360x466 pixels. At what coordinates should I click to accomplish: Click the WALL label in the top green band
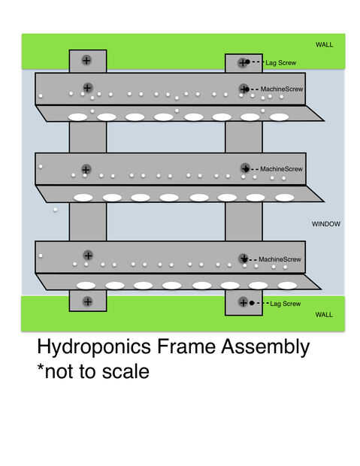tap(325, 44)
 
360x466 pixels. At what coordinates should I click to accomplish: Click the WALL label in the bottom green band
tap(324, 314)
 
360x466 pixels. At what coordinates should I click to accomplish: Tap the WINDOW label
tap(326, 224)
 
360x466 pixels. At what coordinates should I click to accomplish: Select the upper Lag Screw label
tap(281, 62)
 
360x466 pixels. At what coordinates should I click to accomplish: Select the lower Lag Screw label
tap(286, 304)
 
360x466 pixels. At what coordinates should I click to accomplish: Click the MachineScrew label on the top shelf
tap(282, 89)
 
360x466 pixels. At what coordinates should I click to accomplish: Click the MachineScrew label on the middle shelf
tap(282, 169)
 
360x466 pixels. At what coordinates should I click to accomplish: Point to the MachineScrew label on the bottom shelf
tap(280, 259)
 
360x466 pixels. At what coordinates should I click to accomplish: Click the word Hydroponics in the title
tap(94, 347)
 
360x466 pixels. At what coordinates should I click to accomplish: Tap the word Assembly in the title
tap(265, 347)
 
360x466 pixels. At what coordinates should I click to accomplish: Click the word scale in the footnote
tap(126, 371)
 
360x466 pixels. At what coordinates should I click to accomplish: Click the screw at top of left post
tap(86, 60)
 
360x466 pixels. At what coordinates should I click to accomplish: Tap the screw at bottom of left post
tap(87, 301)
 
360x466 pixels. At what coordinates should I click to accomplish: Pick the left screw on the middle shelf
tap(86, 169)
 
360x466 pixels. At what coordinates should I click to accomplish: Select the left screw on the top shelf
tap(87, 88)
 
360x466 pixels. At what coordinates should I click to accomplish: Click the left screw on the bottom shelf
tap(88, 255)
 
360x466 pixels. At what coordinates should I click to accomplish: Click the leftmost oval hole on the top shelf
tap(77, 117)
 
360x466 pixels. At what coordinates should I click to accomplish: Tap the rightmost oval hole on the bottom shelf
tap(287, 286)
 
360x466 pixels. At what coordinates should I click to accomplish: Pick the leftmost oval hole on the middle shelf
tap(83, 198)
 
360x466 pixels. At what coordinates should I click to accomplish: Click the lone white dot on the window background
tap(56, 210)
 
